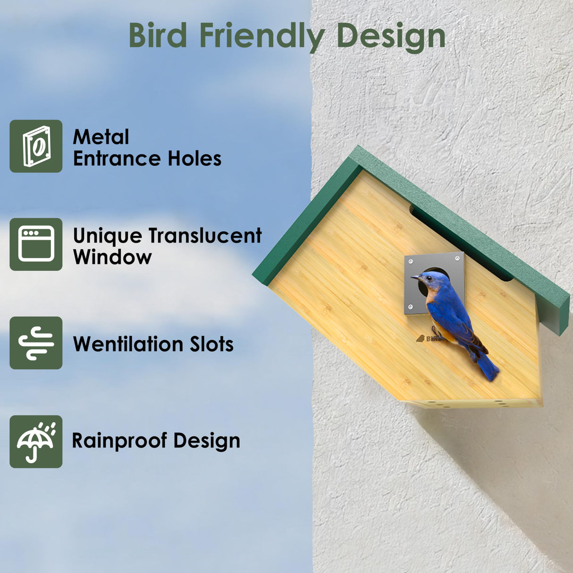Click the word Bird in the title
point(158,36)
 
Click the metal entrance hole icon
point(36,146)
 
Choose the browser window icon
point(36,244)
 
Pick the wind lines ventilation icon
point(36,343)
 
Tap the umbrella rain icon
point(36,442)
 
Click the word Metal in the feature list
point(101,137)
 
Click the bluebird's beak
point(414,277)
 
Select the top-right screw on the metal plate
point(457,258)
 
